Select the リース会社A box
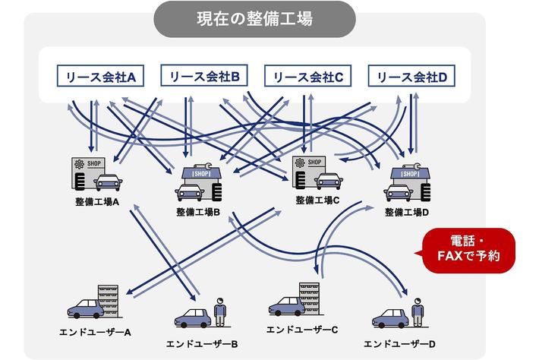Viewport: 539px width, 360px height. pyautogui.click(x=96, y=76)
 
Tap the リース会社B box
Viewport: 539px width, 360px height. pyautogui.click(x=200, y=76)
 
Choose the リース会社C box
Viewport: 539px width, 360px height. pyautogui.click(x=304, y=76)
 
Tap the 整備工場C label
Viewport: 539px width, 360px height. pyautogui.click(x=317, y=201)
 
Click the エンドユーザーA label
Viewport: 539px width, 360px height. pyautogui.click(x=96, y=332)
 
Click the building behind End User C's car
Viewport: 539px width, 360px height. pyautogui.click(x=309, y=296)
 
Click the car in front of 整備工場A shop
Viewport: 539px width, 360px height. pyautogui.click(x=107, y=182)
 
